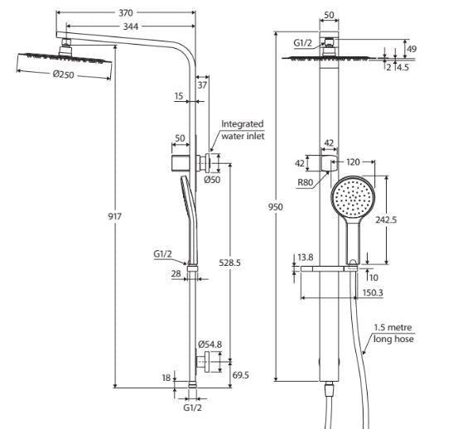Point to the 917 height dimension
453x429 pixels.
(114, 216)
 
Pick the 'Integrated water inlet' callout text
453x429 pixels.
(242, 130)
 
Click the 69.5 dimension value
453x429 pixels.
(241, 375)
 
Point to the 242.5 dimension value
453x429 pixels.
(392, 220)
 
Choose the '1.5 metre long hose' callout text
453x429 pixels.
(394, 334)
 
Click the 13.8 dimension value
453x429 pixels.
(305, 257)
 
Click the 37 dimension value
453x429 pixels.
(203, 84)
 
